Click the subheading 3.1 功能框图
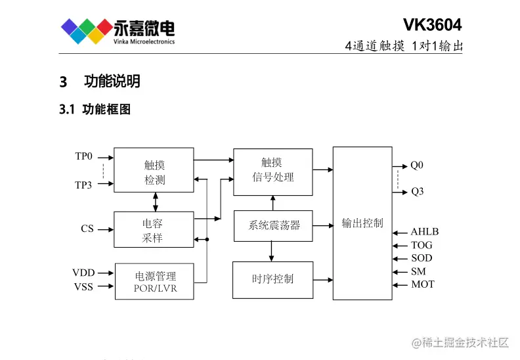[95, 110]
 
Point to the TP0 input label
[83, 157]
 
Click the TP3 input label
[83, 185]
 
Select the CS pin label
[87, 229]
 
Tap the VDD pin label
[83, 272]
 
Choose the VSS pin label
[83, 286]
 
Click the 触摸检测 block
[154, 171]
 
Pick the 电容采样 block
[154, 229]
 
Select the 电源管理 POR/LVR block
[154, 281]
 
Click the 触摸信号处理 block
[272, 171]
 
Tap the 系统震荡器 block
[272, 225]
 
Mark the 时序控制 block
[272, 279]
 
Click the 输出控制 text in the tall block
[362, 223]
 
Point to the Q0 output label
[417, 166]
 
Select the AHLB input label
[424, 232]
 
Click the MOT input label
[422, 284]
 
